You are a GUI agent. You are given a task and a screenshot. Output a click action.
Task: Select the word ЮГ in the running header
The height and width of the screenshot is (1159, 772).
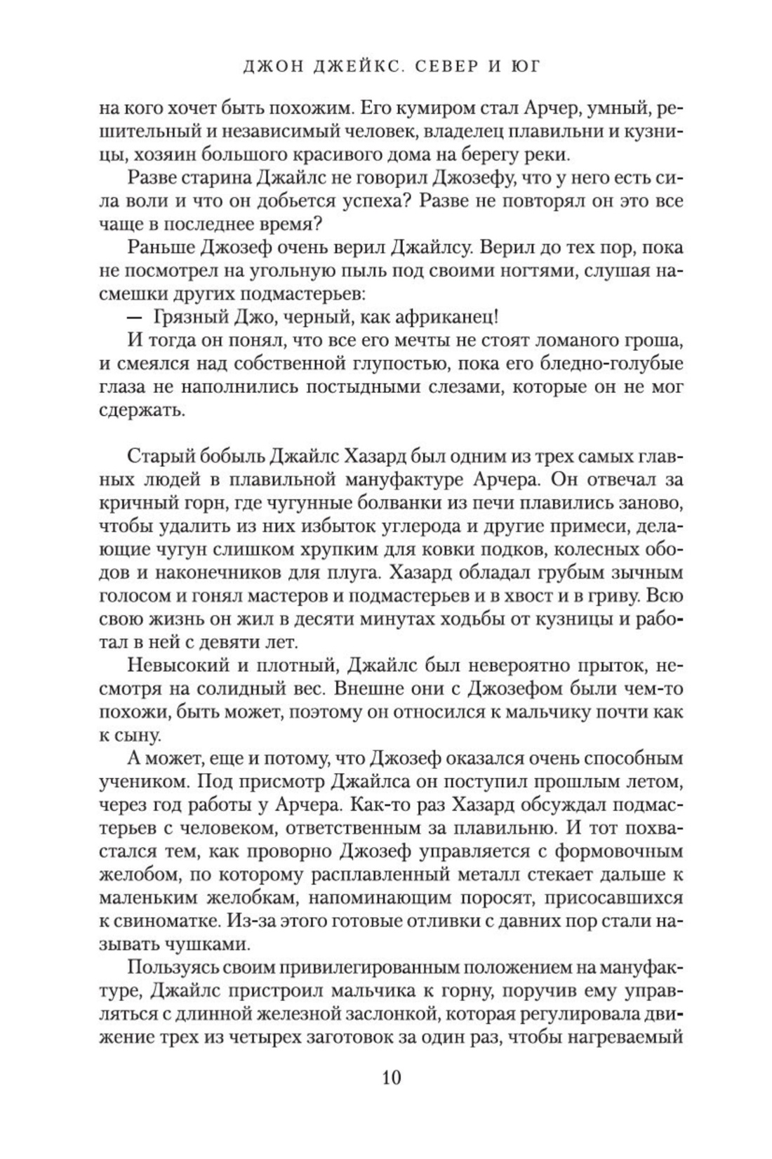coord(524,67)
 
